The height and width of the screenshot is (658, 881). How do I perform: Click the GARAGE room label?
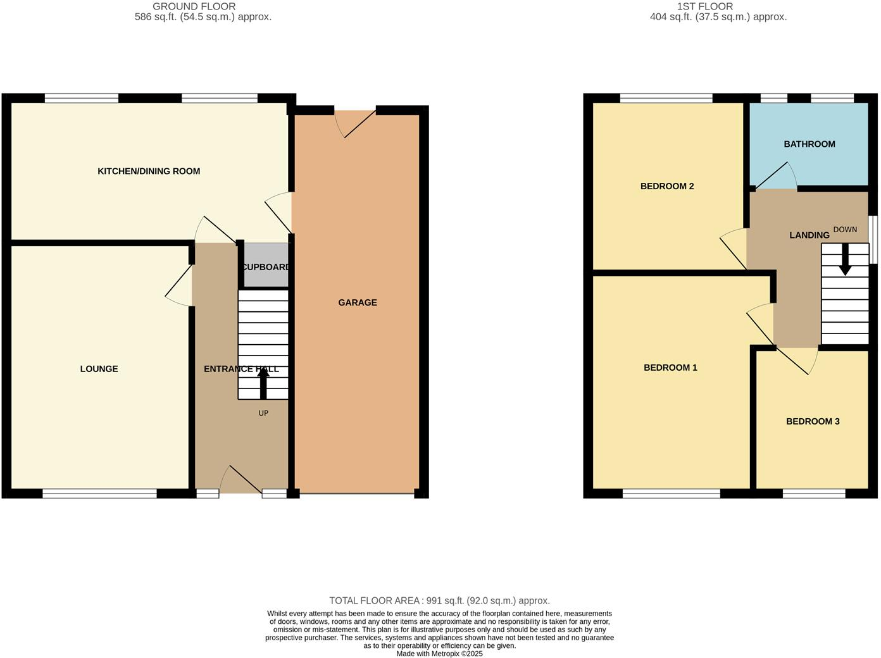tap(358, 302)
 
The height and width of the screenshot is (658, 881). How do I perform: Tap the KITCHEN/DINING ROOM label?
tap(149, 171)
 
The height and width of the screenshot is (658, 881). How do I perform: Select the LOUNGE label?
tap(99, 369)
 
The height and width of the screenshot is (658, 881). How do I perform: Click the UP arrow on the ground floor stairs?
tap(263, 382)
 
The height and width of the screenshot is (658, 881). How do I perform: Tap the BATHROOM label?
tap(809, 144)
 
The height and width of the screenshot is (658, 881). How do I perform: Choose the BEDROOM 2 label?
tap(667, 186)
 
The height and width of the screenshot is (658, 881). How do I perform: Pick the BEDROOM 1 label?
tap(670, 368)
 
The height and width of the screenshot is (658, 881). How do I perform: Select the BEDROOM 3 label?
tap(813, 421)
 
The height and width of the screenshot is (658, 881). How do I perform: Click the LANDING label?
tap(809, 235)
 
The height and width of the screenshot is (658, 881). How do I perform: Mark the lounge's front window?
tap(99, 493)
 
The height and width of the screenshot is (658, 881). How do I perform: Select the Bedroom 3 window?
tap(814, 493)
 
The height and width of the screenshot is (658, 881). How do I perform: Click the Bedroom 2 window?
tap(666, 98)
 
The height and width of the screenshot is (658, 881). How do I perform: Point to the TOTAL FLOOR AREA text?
tap(439, 600)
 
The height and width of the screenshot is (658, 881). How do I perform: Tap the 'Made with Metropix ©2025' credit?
tap(439, 654)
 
